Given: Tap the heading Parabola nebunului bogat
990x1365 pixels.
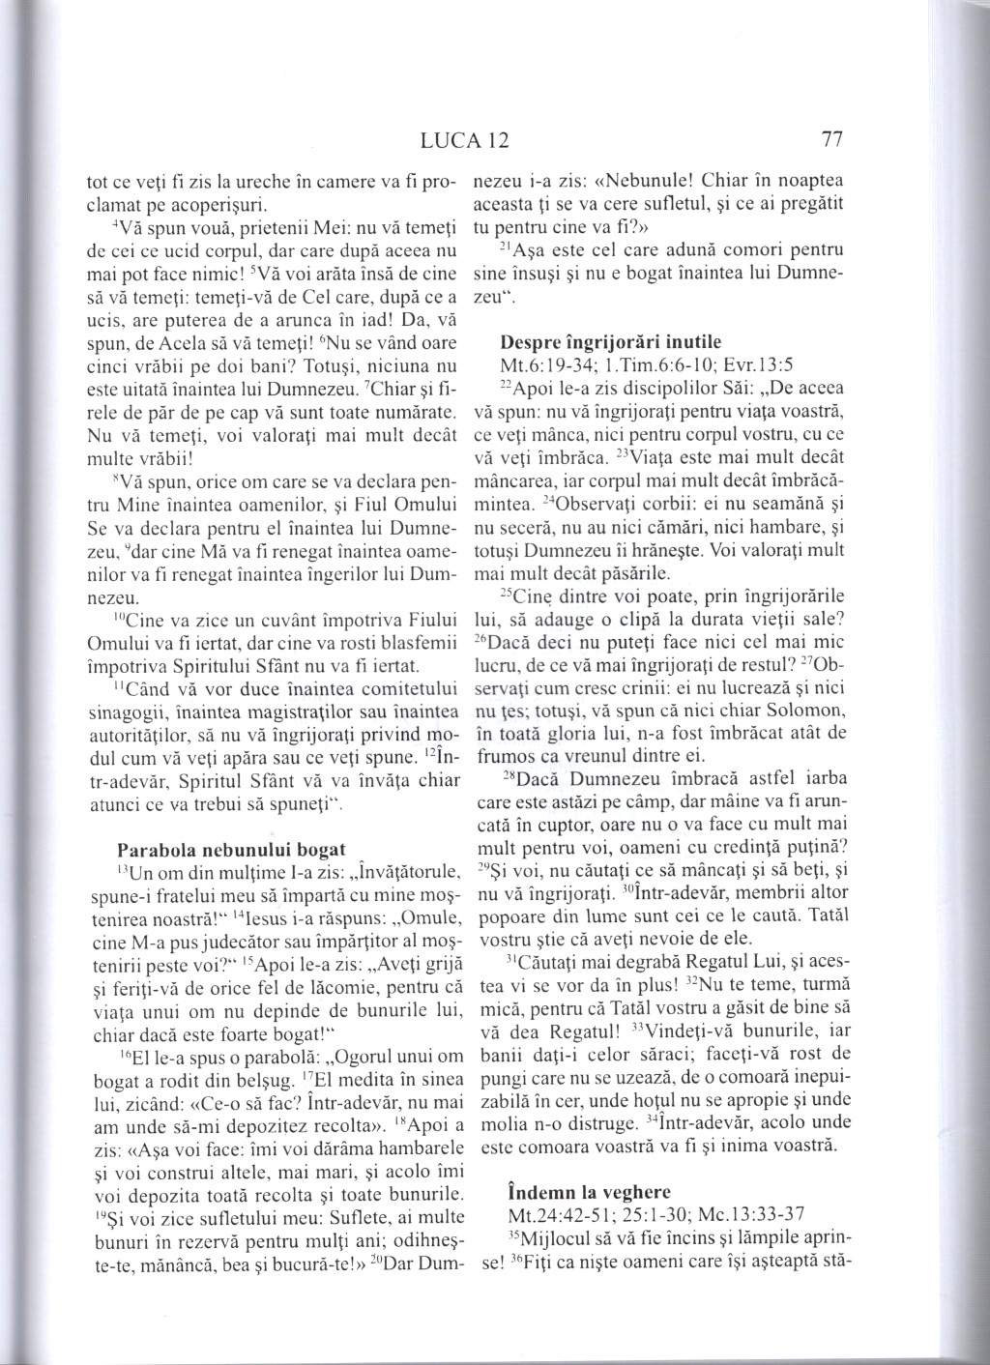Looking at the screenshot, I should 230,850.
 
